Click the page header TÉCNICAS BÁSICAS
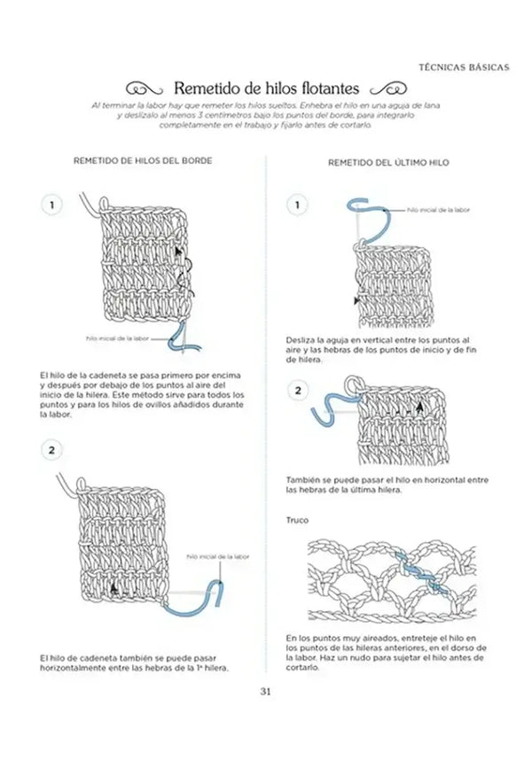pyautogui.click(x=463, y=66)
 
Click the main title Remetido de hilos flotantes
pyautogui.click(x=266, y=89)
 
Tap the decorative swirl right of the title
pyautogui.click(x=387, y=89)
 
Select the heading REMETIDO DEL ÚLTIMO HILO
pyautogui.click(x=389, y=164)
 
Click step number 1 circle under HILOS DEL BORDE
pyautogui.click(x=52, y=205)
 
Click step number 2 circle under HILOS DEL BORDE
pyautogui.click(x=52, y=451)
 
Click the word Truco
pyautogui.click(x=297, y=519)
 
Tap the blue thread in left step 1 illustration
pyautogui.click(x=184, y=337)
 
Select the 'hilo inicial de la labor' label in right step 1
pyautogui.click(x=438, y=210)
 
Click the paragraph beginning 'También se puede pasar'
pyautogui.click(x=387, y=484)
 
